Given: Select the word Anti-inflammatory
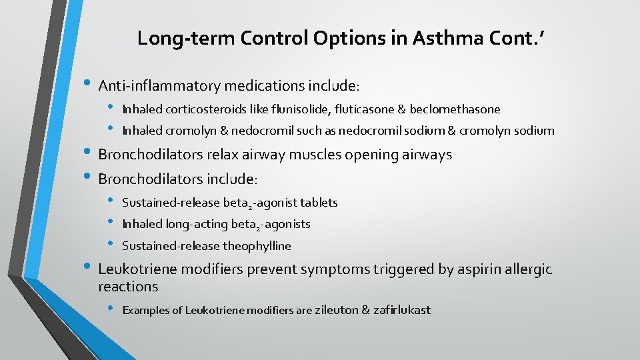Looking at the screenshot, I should pyautogui.click(x=159, y=86).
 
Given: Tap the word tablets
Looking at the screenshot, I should pyautogui.click(x=319, y=203).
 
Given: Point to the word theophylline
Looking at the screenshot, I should pyautogui.click(x=257, y=246).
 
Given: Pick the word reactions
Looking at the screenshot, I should pyautogui.click(x=128, y=287).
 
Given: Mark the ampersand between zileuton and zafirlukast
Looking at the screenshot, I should pyautogui.click(x=365, y=310).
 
